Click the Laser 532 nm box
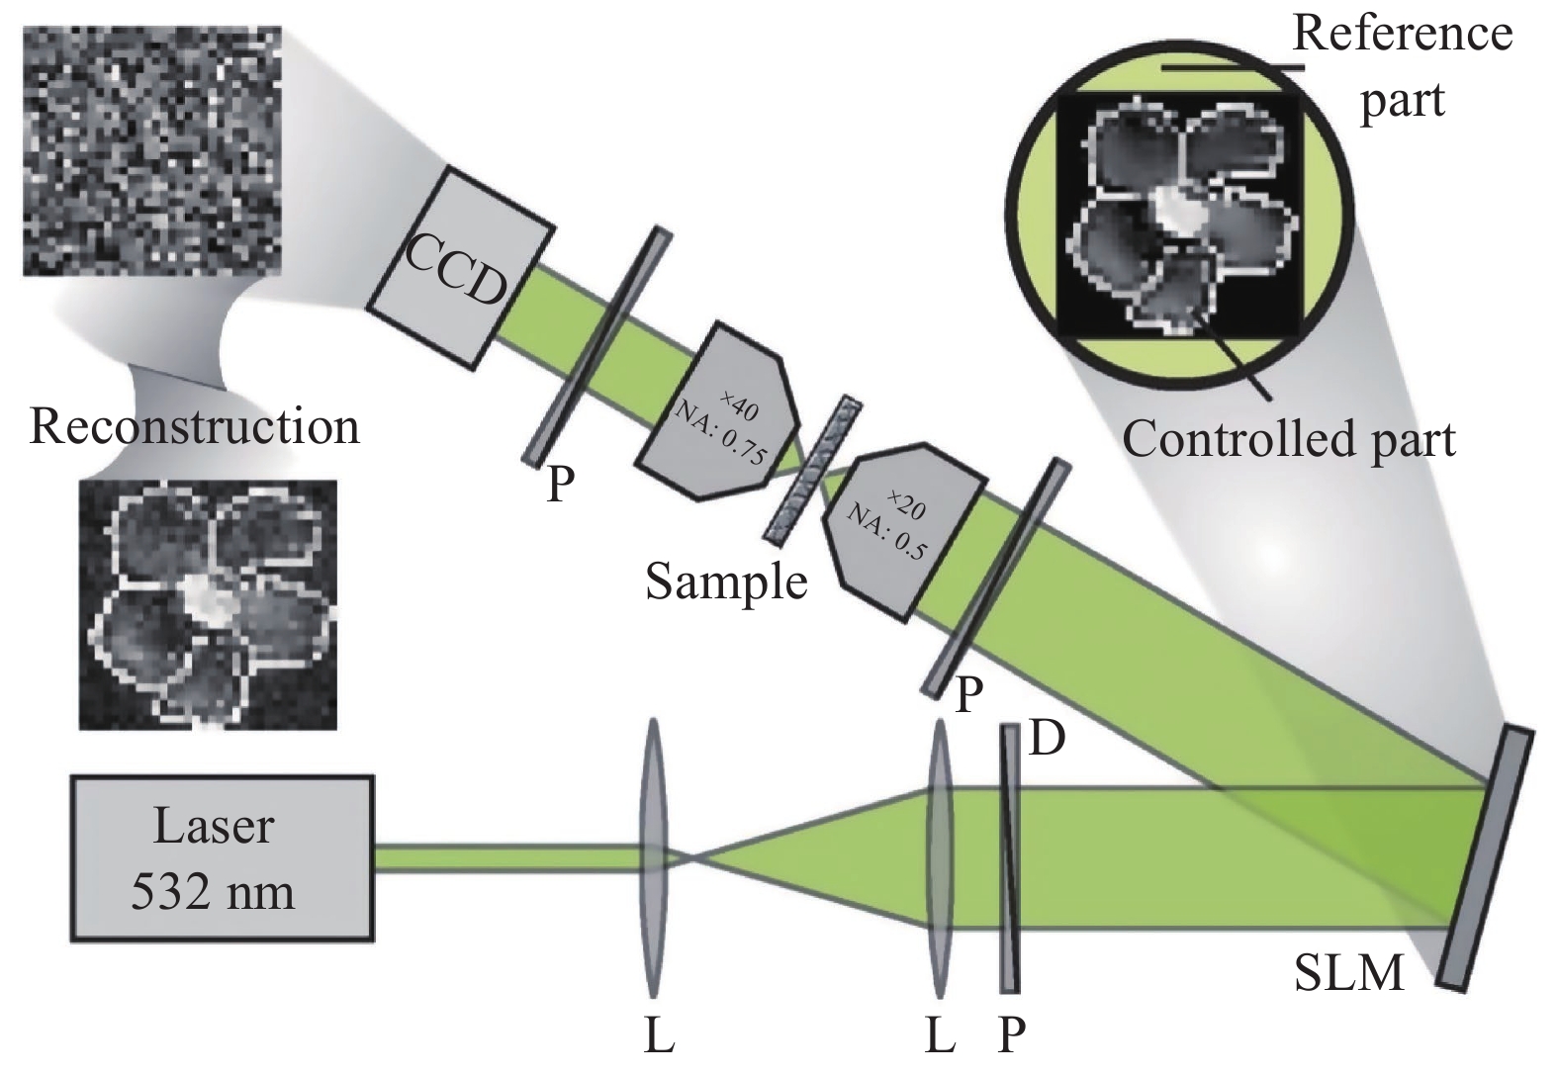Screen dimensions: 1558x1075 click(222, 858)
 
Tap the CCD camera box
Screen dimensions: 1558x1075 click(460, 268)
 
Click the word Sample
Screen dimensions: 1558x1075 click(727, 582)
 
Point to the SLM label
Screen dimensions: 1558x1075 click(1348, 973)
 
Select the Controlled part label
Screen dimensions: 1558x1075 click(1289, 439)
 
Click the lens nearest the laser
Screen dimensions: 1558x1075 click(653, 859)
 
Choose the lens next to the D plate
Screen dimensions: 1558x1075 click(940, 859)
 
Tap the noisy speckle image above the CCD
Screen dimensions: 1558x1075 click(152, 150)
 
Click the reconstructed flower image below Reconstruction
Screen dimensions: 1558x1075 click(208, 605)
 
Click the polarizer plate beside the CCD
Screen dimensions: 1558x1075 click(596, 345)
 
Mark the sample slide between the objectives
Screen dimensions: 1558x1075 click(812, 468)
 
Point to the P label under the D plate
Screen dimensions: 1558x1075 click(1011, 1034)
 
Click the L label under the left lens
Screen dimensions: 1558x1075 click(659, 1034)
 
